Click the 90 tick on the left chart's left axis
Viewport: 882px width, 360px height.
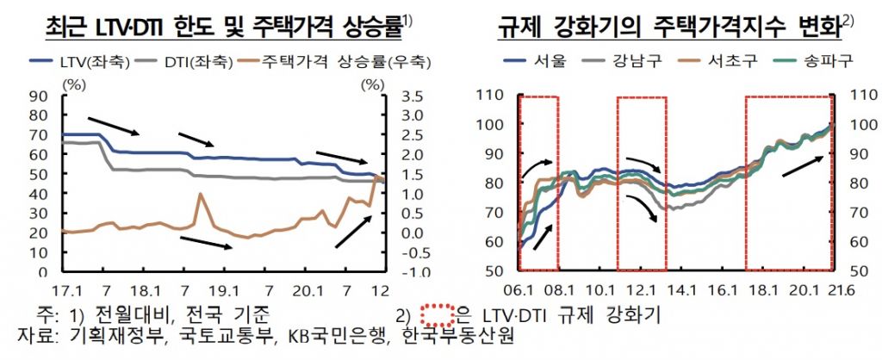39,96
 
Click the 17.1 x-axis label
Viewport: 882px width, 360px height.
65,289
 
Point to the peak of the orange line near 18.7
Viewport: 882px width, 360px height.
201,194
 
